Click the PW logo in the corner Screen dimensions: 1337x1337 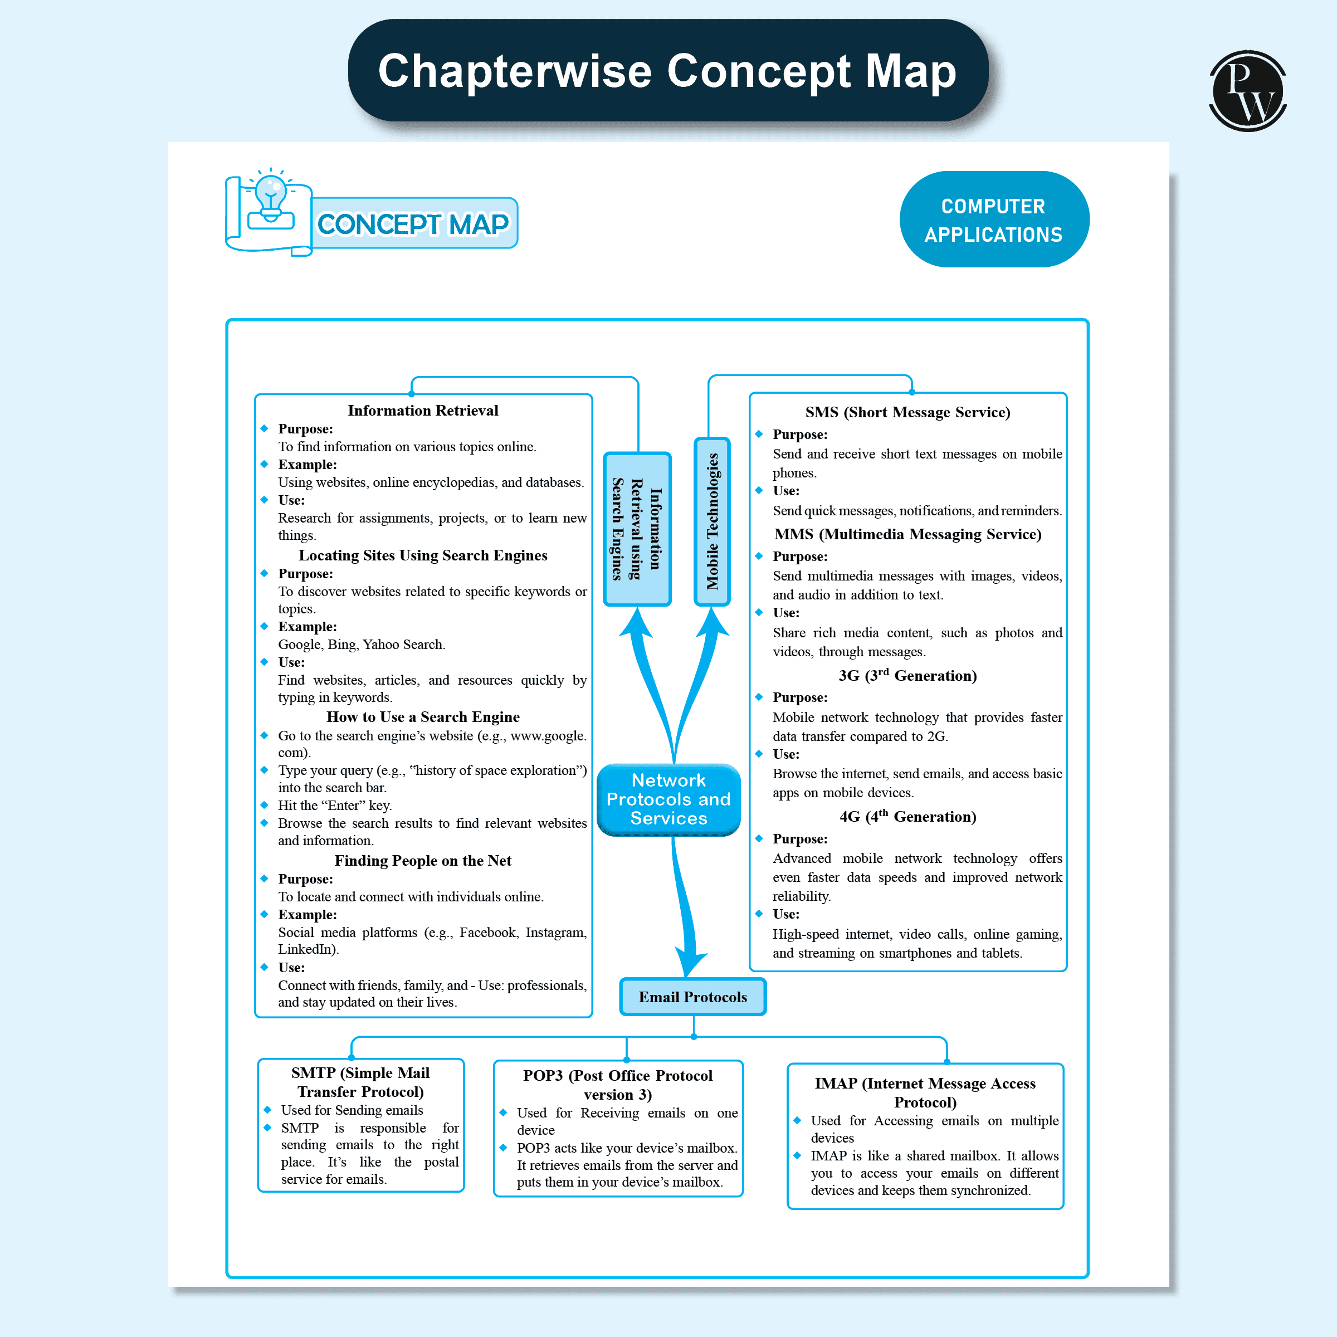click(1247, 91)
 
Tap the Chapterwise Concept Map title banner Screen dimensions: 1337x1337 click(668, 71)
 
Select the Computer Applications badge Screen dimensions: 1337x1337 click(994, 219)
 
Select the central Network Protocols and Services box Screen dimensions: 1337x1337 click(668, 799)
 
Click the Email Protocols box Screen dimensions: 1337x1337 click(692, 997)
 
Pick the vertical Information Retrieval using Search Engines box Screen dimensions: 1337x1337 click(637, 529)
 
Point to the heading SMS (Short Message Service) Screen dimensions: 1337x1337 click(907, 412)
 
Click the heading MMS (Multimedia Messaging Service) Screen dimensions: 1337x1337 click(907, 534)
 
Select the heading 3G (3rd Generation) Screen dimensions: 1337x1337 click(907, 675)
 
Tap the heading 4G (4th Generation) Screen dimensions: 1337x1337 click(907, 817)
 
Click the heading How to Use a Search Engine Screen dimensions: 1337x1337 click(423, 717)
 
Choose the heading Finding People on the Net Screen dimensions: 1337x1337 click(423, 860)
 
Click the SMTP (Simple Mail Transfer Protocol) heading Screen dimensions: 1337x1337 click(360, 1082)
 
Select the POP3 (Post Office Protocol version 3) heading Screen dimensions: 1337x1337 click(617, 1085)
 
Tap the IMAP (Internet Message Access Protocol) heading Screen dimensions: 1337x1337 click(925, 1092)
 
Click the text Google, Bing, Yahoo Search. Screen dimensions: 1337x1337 click(361, 645)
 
